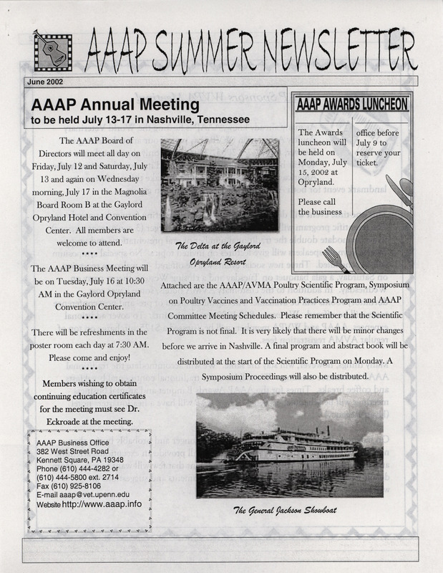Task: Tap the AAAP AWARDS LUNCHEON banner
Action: point(353,104)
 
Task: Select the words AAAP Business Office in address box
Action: point(71,440)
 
